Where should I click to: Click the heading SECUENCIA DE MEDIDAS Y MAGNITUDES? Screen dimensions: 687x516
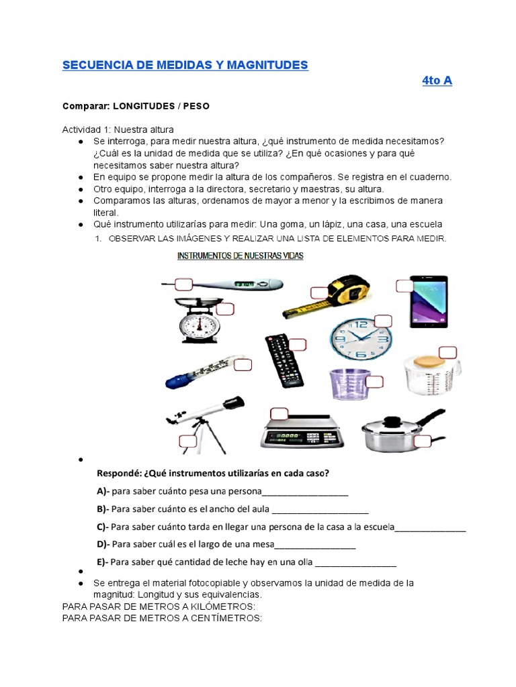[185, 65]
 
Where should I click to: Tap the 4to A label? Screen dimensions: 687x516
[437, 81]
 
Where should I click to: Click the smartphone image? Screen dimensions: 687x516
[429, 302]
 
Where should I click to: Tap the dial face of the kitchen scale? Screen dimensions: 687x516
[199, 327]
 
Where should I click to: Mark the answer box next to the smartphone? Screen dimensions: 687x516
[405, 286]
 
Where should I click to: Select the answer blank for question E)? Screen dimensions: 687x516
[355, 562]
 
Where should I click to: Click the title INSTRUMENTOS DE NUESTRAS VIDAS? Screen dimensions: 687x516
[240, 256]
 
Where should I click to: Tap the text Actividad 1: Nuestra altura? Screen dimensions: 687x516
[118, 129]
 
